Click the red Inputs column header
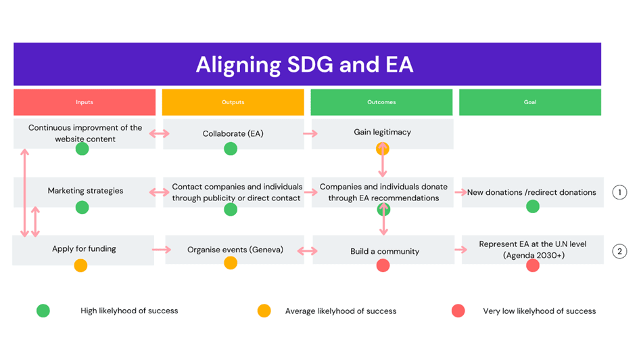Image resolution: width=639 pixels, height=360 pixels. click(85, 102)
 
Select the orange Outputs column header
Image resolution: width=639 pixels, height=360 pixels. click(233, 102)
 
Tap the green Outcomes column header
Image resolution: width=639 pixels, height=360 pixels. click(381, 102)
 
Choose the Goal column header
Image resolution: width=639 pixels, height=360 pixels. click(529, 102)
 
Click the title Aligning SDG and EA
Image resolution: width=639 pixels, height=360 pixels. click(305, 64)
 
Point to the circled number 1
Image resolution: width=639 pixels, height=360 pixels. click(619, 192)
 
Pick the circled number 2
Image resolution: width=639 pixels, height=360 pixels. click(619, 251)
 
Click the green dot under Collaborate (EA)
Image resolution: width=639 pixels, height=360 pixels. click(231, 149)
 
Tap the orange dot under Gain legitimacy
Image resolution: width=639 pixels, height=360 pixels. click(382, 149)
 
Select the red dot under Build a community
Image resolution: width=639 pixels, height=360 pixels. click(383, 265)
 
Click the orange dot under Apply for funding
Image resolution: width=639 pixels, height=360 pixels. click(80, 265)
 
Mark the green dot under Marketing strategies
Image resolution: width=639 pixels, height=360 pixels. click(82, 208)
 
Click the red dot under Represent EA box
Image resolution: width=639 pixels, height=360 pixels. click(533, 265)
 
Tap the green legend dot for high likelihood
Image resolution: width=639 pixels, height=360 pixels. click(43, 311)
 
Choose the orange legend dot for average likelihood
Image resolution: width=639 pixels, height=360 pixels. click(264, 311)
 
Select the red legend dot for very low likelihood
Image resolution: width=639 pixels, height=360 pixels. click(458, 311)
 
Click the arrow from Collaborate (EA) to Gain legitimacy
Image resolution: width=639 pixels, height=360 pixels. click(310, 133)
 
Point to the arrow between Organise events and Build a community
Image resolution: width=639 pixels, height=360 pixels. click(307, 251)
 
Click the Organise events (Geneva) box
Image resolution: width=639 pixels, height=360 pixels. click(235, 250)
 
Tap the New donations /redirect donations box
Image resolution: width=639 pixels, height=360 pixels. click(533, 192)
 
